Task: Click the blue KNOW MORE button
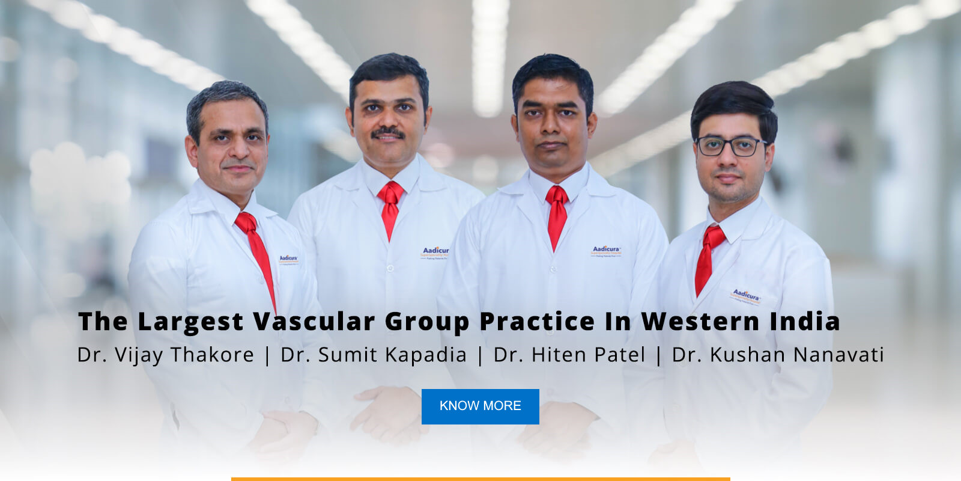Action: pos(480,406)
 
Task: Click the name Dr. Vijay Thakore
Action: pos(166,355)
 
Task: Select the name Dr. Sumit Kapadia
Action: pos(374,355)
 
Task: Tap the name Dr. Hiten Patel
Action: pos(569,355)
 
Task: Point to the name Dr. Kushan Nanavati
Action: pos(778,355)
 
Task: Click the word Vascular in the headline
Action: pos(314,322)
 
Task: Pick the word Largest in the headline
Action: pos(190,322)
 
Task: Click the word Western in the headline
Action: pos(701,322)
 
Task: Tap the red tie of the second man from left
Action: pos(390,207)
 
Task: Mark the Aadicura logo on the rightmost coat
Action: pos(746,295)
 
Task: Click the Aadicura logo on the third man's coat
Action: pos(606,251)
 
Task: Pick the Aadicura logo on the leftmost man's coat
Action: pos(288,259)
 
